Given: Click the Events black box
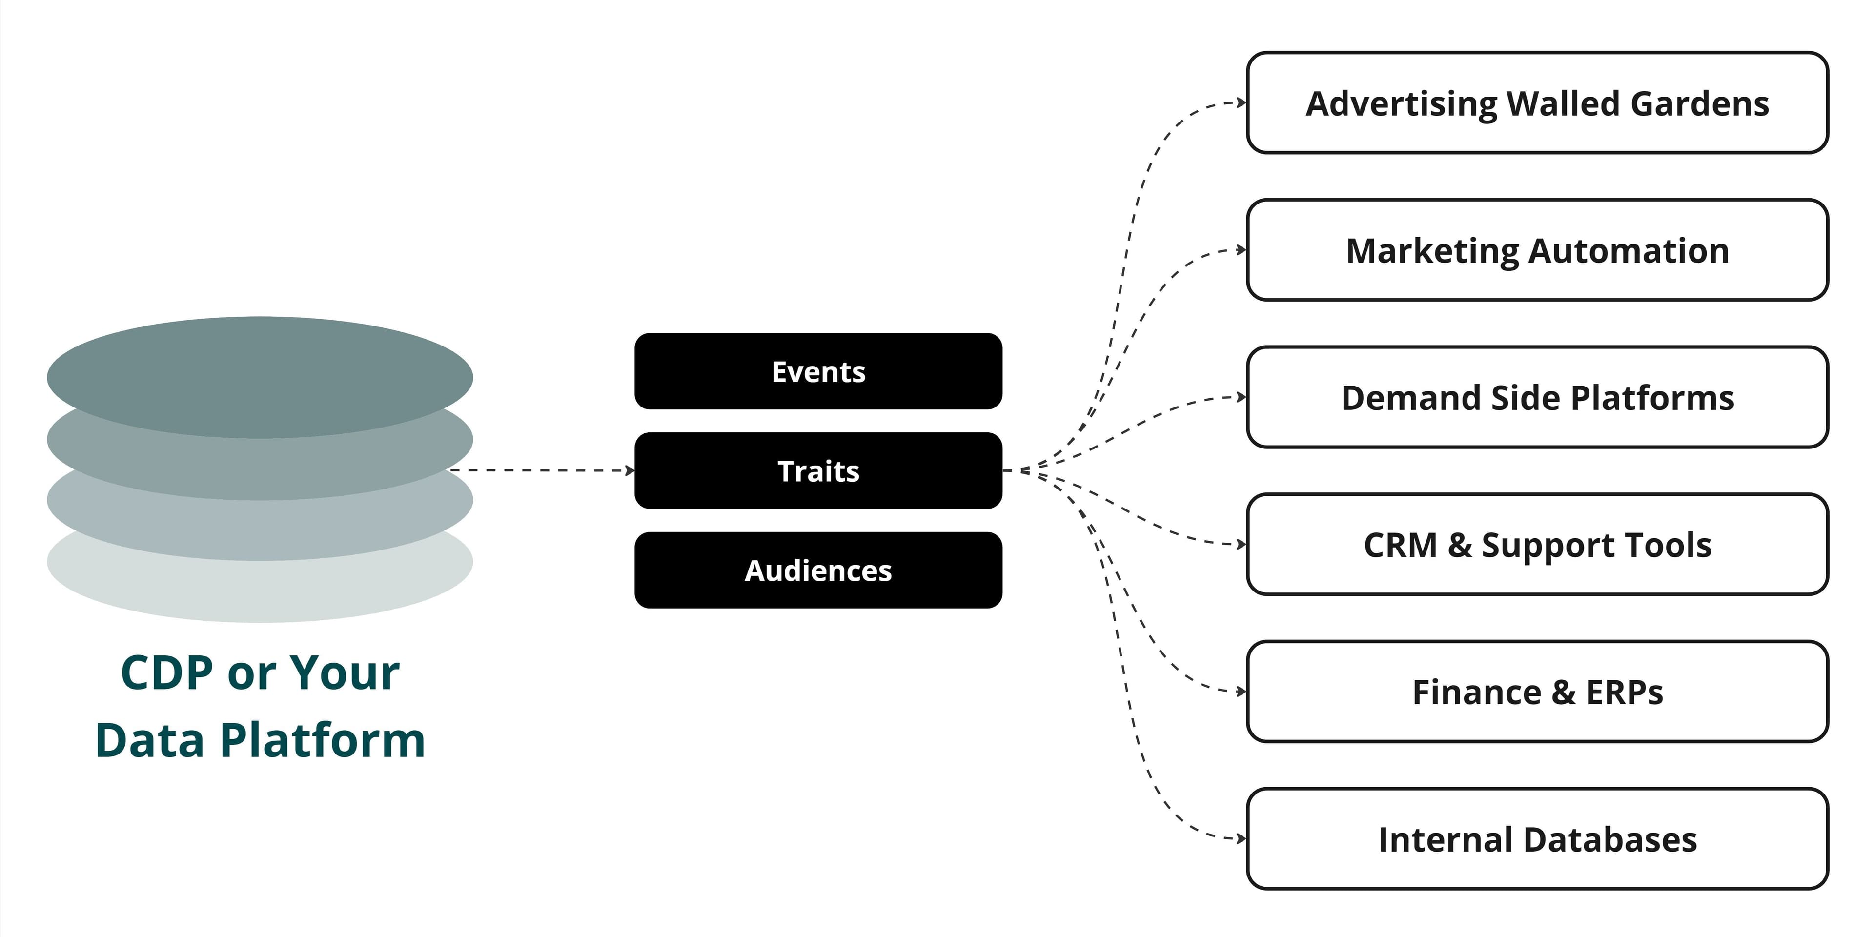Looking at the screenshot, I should tap(818, 371).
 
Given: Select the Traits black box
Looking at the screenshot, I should tap(818, 470).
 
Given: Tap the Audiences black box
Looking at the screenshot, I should tap(818, 570).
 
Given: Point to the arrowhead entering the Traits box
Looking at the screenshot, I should tap(630, 470).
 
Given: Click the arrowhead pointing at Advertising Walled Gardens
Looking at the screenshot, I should tap(1242, 102).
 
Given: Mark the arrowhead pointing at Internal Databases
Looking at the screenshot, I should tap(1242, 839).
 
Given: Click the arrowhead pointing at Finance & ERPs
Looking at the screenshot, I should tap(1242, 691).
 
